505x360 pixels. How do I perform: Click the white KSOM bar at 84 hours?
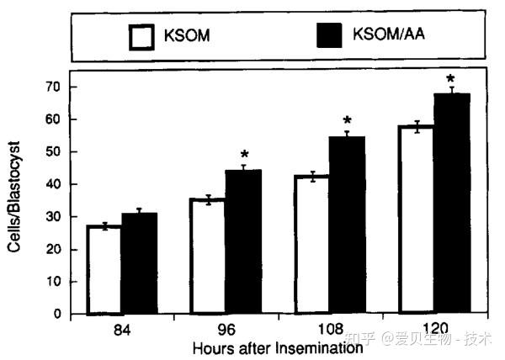[x=104, y=270]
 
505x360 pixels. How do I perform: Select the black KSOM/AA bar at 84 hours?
[x=139, y=264]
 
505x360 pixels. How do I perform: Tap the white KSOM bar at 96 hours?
[x=208, y=257]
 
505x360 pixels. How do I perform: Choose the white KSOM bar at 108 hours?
[x=311, y=245]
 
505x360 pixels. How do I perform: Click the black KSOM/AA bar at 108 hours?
[x=346, y=225]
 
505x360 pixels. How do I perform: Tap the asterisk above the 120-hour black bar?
[x=450, y=80]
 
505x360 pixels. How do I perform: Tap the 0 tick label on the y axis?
[x=56, y=314]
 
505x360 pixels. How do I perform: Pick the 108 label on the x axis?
[x=329, y=330]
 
